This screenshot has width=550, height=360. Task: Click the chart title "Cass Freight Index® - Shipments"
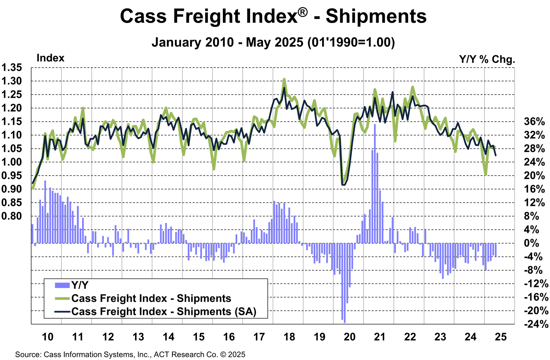coord(273,16)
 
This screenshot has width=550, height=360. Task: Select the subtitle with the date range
coord(273,42)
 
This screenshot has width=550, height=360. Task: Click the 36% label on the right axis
coord(534,122)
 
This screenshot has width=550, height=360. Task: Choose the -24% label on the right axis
coord(536,324)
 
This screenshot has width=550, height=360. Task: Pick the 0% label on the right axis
coord(531,243)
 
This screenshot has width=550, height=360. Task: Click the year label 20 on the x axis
coord(350,337)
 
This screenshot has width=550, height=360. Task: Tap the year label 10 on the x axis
coord(48,337)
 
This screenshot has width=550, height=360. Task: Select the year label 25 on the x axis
coord(501,337)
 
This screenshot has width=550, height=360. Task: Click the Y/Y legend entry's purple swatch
coord(62,285)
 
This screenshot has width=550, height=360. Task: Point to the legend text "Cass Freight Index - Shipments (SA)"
coord(164,311)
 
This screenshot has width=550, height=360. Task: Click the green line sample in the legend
coord(62,298)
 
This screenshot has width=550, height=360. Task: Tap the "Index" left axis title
coord(50,58)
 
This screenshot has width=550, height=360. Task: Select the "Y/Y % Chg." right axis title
coord(487,59)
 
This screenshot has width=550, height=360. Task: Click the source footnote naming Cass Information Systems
coord(130,355)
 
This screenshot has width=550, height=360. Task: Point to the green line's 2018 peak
coord(284,79)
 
